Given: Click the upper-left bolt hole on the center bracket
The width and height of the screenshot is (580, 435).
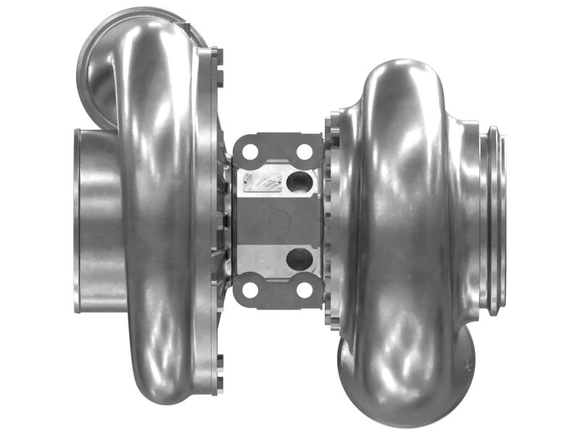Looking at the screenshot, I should click(x=250, y=152).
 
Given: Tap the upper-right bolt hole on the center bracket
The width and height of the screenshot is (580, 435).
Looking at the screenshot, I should click(x=304, y=152).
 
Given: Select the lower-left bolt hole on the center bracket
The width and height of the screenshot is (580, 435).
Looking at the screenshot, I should click(x=250, y=289).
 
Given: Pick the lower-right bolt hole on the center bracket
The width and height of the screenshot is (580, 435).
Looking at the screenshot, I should click(x=304, y=289).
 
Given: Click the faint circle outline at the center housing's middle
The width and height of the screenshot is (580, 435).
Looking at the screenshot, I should click(x=278, y=220).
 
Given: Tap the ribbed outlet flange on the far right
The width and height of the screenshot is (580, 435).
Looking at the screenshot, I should click(x=494, y=221).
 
